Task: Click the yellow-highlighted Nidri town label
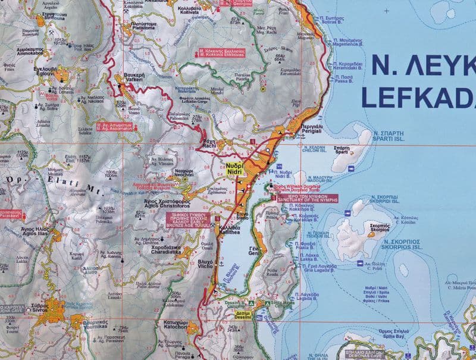click(233, 167)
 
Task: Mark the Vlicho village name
click(205, 263)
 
